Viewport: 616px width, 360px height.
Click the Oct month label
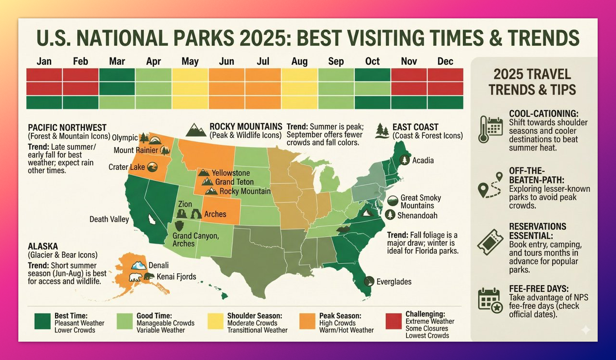click(x=372, y=61)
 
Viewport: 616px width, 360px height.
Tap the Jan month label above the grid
click(x=44, y=61)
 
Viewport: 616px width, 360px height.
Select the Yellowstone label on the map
click(x=231, y=173)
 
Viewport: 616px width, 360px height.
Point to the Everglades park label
click(x=394, y=282)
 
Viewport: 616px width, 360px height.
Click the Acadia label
click(x=423, y=160)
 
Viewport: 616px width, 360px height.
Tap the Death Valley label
click(x=109, y=219)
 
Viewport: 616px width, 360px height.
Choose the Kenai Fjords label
click(x=176, y=277)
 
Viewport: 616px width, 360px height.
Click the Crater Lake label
click(x=126, y=167)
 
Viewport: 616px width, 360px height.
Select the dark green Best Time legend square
click(x=42, y=321)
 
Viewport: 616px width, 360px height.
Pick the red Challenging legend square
click(x=393, y=321)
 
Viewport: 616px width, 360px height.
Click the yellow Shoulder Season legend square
click(x=215, y=321)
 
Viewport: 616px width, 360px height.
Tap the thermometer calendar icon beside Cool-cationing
click(x=490, y=129)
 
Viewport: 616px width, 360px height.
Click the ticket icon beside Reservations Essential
click(x=490, y=242)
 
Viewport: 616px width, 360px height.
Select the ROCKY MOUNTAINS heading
click(x=246, y=126)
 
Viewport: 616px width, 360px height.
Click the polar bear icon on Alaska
click(x=136, y=277)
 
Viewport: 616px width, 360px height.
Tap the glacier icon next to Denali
click(x=139, y=265)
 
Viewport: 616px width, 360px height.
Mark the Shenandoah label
click(x=417, y=215)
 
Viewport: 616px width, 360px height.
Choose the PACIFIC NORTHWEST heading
click(x=67, y=127)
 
